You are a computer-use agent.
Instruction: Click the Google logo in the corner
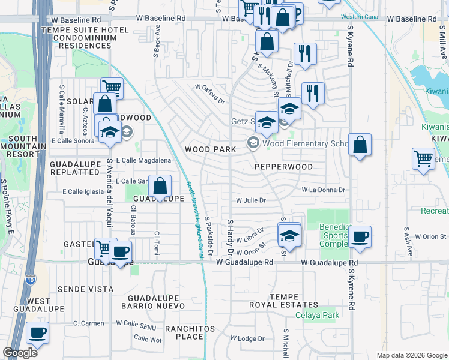pos(20,353)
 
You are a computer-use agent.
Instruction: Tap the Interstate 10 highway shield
pos(31,279)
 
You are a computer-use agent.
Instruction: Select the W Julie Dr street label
pos(251,201)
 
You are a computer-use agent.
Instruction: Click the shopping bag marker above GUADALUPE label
pos(160,186)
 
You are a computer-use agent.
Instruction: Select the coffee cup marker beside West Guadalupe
pos(37,332)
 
